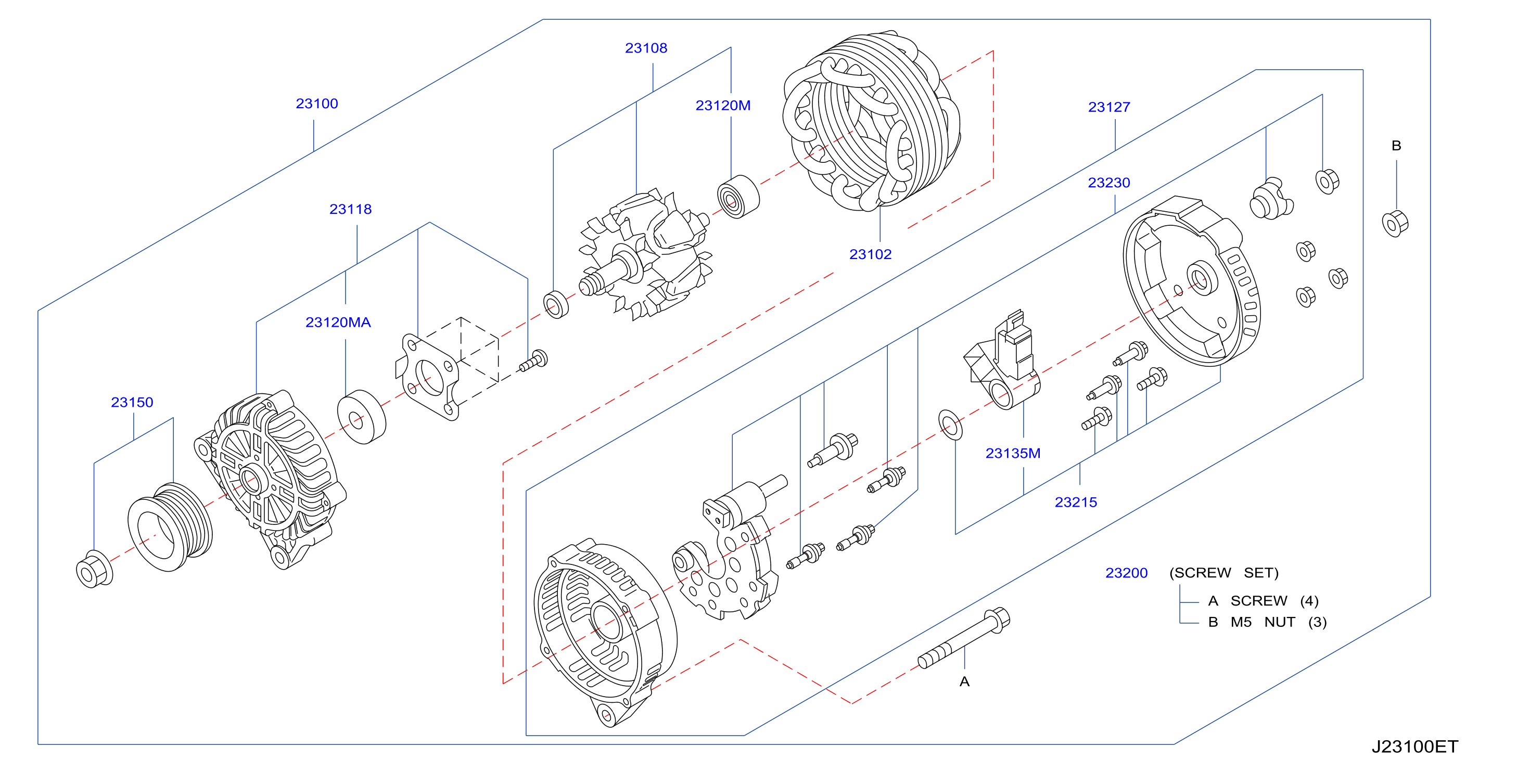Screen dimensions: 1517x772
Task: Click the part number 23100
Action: (x=317, y=104)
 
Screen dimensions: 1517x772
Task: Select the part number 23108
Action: (x=646, y=48)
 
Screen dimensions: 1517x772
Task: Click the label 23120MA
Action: (x=338, y=323)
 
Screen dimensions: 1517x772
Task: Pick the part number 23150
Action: (x=132, y=403)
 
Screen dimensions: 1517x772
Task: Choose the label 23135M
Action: (x=1013, y=454)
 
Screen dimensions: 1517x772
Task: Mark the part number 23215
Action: (x=1075, y=503)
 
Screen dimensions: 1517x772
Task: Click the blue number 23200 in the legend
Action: (x=1126, y=573)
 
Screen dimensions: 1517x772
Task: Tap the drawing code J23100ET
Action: (x=1414, y=747)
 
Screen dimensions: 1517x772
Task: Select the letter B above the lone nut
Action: (x=1396, y=146)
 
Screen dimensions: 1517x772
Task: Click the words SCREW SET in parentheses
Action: (x=1223, y=573)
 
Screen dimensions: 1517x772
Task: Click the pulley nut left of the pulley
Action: (x=94, y=570)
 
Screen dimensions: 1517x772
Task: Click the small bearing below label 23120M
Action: (x=738, y=197)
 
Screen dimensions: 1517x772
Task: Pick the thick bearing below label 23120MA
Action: (x=362, y=417)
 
